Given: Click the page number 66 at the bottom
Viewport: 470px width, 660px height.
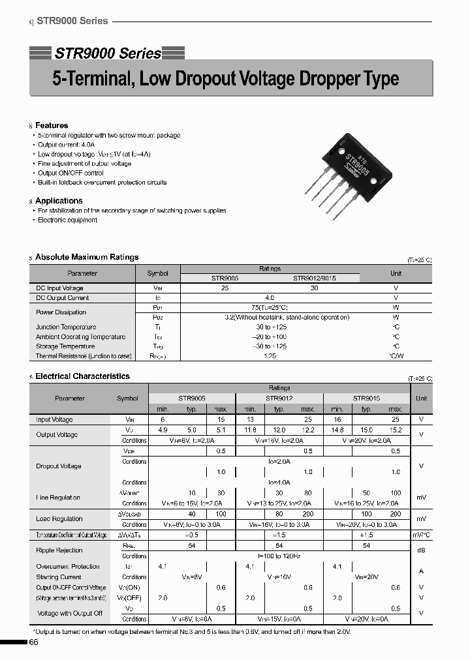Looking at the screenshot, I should pos(34,643).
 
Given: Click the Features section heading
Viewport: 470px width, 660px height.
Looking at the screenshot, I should pos(52,125).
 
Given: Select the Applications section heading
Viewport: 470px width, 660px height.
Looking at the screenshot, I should pos(59,201).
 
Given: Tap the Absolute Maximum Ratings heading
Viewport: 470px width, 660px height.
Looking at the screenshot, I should pos(87,258).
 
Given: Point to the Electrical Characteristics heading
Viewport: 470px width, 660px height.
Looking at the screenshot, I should pos(82,376).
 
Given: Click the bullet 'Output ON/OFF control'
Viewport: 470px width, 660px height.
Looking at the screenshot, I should pos(70,173).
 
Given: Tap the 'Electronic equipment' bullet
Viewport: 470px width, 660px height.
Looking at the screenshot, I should pos(67,220).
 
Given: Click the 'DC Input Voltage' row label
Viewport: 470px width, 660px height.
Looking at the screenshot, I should pos(59,288).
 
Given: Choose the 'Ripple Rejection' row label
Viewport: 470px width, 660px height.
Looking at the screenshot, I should pos(59,550).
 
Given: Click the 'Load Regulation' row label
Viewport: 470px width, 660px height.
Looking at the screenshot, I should pos(59,519).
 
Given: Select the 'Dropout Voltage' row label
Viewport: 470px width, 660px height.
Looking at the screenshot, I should pos(59,466).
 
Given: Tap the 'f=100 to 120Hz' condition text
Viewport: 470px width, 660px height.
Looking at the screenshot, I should pos(279,556).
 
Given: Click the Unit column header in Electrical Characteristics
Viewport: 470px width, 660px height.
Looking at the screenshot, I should pos(421,398).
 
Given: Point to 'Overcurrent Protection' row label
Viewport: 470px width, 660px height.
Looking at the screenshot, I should pos(68,567).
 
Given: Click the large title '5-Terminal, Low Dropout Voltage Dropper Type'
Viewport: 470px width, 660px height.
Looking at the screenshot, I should pos(225,80).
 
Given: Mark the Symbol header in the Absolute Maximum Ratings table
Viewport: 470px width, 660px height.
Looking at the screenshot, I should pos(157,274).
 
